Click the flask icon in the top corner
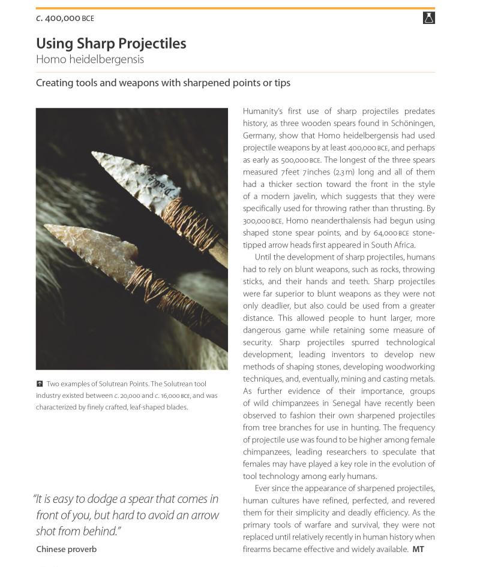coord(428,18)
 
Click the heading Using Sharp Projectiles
coord(111,44)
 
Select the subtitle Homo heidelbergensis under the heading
coord(90,59)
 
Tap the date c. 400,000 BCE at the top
coord(65,18)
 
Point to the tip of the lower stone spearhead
coord(46,227)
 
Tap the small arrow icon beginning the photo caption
coord(40,384)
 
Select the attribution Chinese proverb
coord(66,549)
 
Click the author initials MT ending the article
coord(418,549)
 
